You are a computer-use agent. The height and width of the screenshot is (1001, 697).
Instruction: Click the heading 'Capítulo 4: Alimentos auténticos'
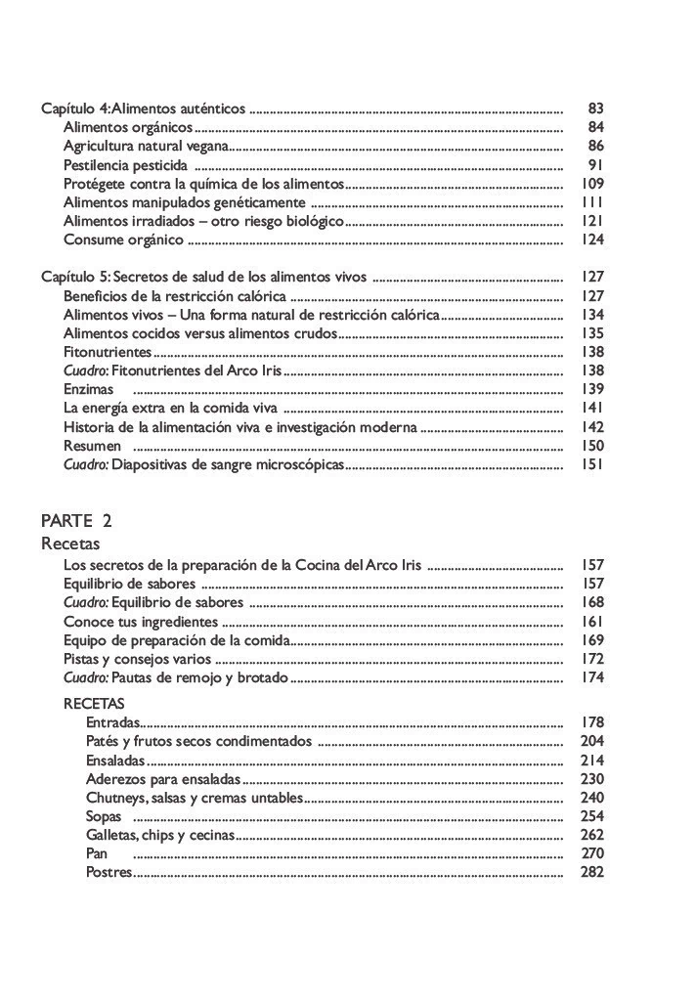144,109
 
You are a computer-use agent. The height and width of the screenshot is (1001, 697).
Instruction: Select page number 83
595,109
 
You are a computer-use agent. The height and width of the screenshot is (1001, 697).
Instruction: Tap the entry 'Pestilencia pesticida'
125,165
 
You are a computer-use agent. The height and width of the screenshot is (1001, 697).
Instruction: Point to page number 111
592,202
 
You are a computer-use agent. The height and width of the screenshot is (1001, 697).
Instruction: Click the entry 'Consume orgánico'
123,239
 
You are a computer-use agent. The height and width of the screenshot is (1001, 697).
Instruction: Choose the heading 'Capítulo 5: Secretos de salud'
203,278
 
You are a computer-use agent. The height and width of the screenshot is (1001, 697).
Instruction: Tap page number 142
592,427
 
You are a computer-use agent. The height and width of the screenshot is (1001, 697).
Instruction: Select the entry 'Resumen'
92,446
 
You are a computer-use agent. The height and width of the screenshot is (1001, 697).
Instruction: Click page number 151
592,464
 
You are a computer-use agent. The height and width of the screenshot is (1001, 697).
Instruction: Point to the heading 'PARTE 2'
76,521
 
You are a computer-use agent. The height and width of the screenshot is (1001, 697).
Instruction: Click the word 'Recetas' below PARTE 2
70,544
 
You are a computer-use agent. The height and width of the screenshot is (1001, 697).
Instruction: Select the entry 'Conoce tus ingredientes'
141,622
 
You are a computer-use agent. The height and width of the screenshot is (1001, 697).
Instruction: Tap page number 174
592,677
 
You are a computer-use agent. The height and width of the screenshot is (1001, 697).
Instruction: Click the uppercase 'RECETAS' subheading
94,704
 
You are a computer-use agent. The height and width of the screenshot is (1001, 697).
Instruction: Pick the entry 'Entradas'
113,723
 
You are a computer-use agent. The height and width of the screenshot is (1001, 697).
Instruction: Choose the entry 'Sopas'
104,816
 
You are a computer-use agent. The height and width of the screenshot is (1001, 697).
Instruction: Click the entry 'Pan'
97,853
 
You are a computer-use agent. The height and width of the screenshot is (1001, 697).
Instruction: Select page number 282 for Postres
592,872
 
